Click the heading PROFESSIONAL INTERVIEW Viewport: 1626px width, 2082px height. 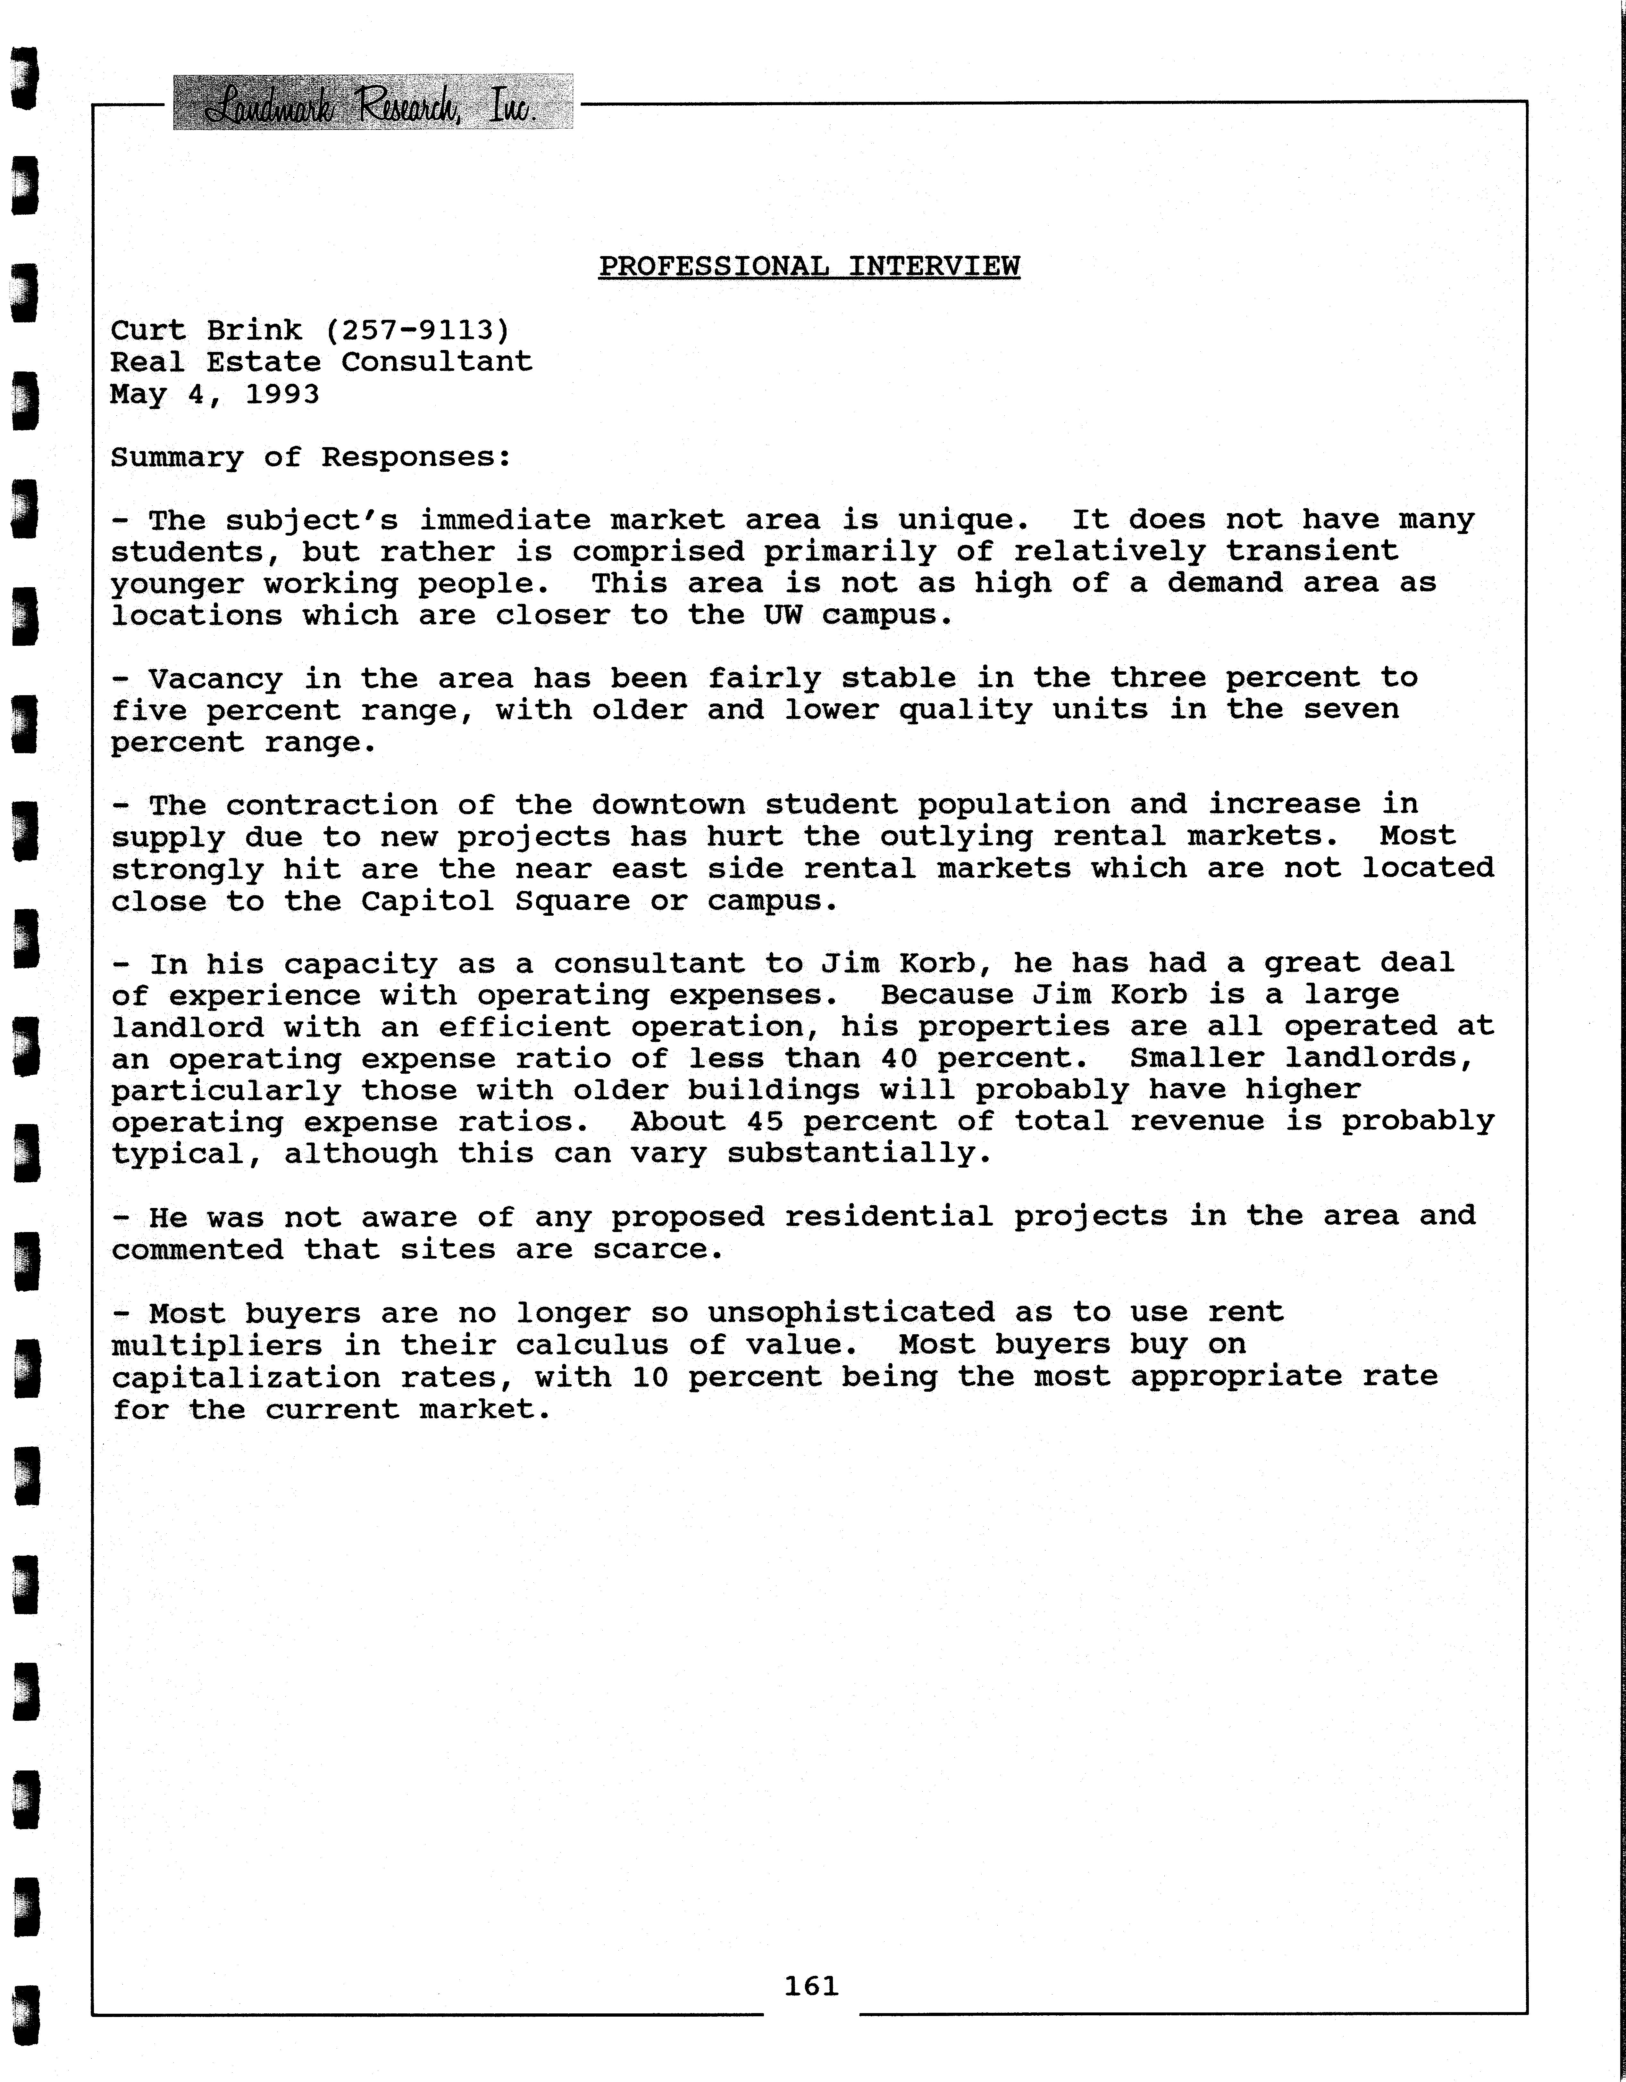point(809,266)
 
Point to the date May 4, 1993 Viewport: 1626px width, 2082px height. point(214,394)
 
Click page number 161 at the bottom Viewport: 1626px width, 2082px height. point(811,1986)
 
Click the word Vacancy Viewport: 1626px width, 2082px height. point(215,679)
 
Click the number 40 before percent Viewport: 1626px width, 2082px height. point(898,1058)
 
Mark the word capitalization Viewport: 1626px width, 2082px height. point(245,1378)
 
